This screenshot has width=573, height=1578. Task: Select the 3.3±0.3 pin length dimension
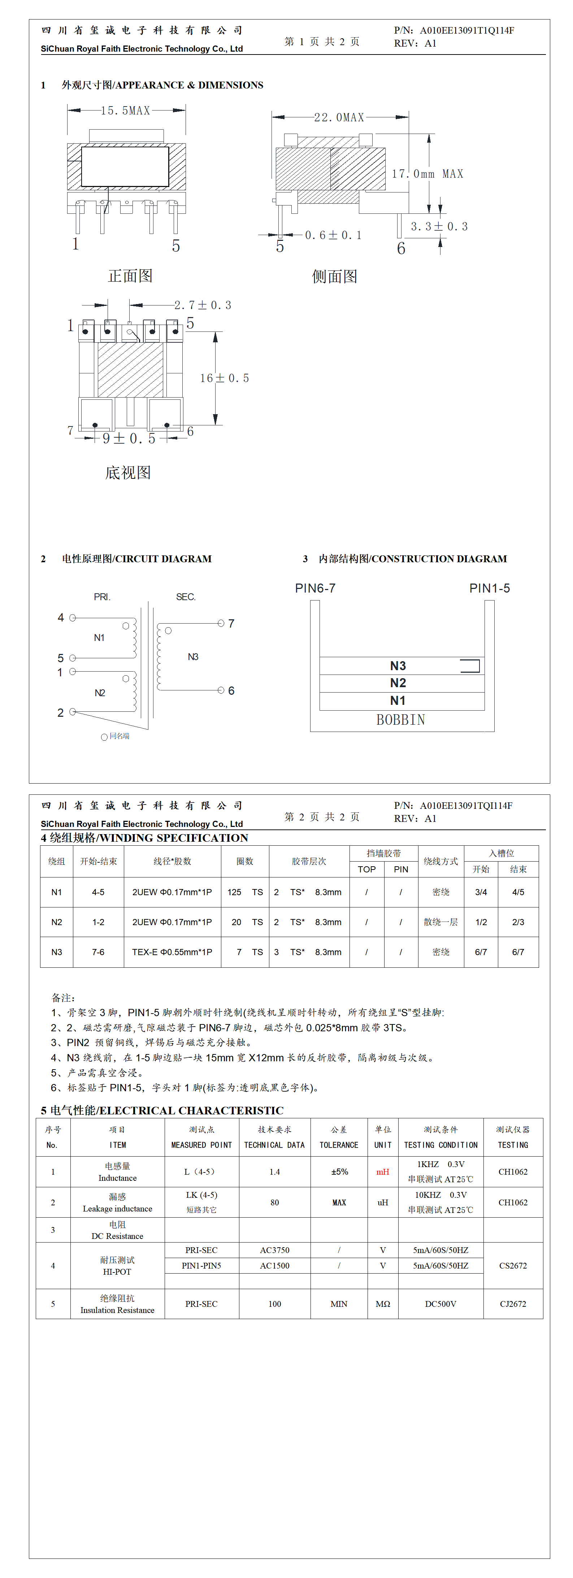coord(439,227)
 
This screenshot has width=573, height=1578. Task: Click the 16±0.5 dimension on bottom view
coord(224,378)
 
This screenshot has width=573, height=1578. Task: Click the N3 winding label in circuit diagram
coord(193,657)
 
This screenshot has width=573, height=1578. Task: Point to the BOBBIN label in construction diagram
coord(401,720)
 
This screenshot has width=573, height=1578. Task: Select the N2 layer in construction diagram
coord(398,683)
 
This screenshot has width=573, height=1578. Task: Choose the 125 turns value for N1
coord(234,892)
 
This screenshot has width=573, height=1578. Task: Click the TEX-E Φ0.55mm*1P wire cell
coord(172,952)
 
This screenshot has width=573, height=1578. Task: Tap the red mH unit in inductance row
coord(382,1172)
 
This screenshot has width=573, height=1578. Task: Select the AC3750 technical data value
coord(274,1250)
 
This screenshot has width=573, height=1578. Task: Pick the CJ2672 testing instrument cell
coord(513,1304)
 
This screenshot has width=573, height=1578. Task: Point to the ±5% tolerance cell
coord(339,1172)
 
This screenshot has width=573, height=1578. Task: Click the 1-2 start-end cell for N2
coord(98,922)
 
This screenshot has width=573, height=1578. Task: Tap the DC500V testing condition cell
coord(440,1304)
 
